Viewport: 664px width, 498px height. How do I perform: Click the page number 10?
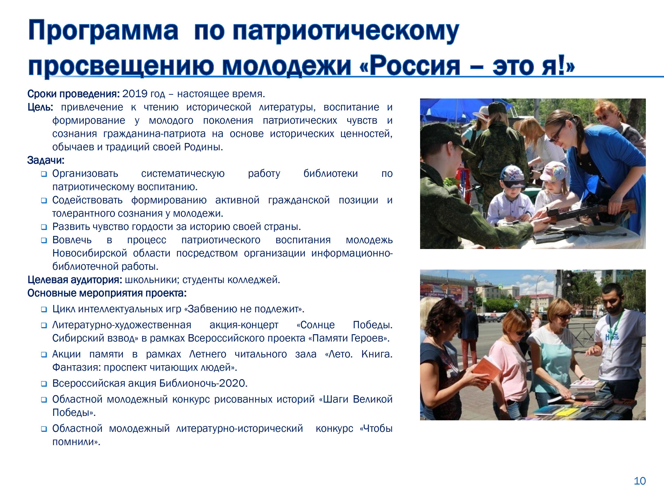pos(640,481)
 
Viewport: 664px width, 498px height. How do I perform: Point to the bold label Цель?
pos(40,107)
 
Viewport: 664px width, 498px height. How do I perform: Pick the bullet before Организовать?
pos(44,174)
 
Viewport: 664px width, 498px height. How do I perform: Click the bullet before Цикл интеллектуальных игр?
pos(44,309)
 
